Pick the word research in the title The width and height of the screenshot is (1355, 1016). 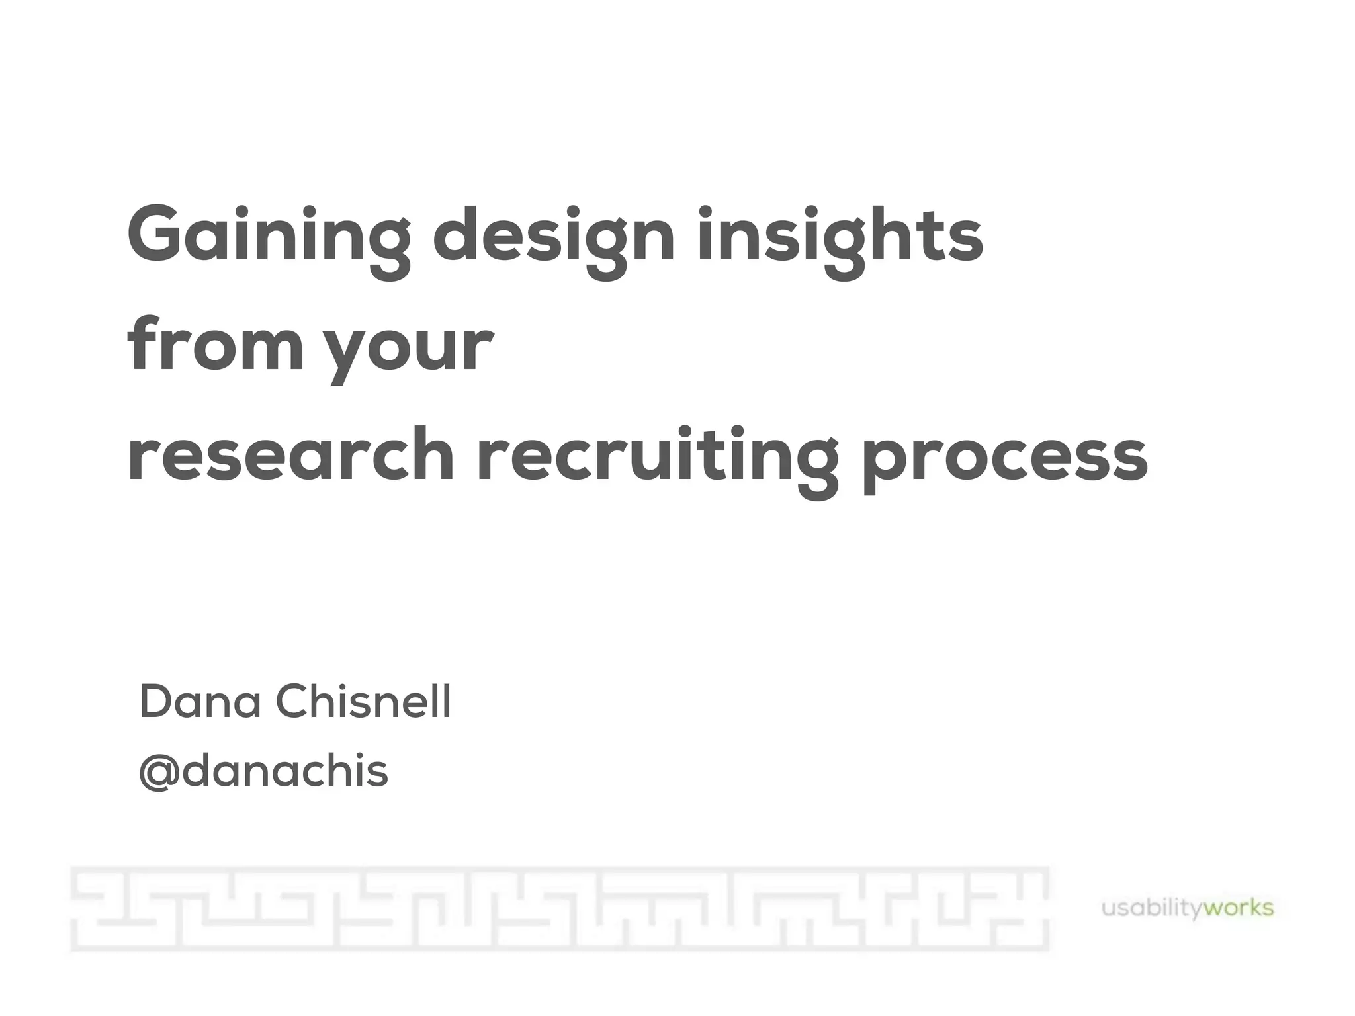(x=291, y=456)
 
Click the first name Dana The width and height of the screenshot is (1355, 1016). (x=200, y=702)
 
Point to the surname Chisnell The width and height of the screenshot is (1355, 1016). (x=363, y=702)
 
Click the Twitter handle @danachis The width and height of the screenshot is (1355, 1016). (x=263, y=771)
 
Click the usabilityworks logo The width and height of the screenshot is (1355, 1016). (x=1187, y=908)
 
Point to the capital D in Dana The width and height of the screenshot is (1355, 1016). (x=155, y=702)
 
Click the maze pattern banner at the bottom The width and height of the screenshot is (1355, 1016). (x=560, y=909)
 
